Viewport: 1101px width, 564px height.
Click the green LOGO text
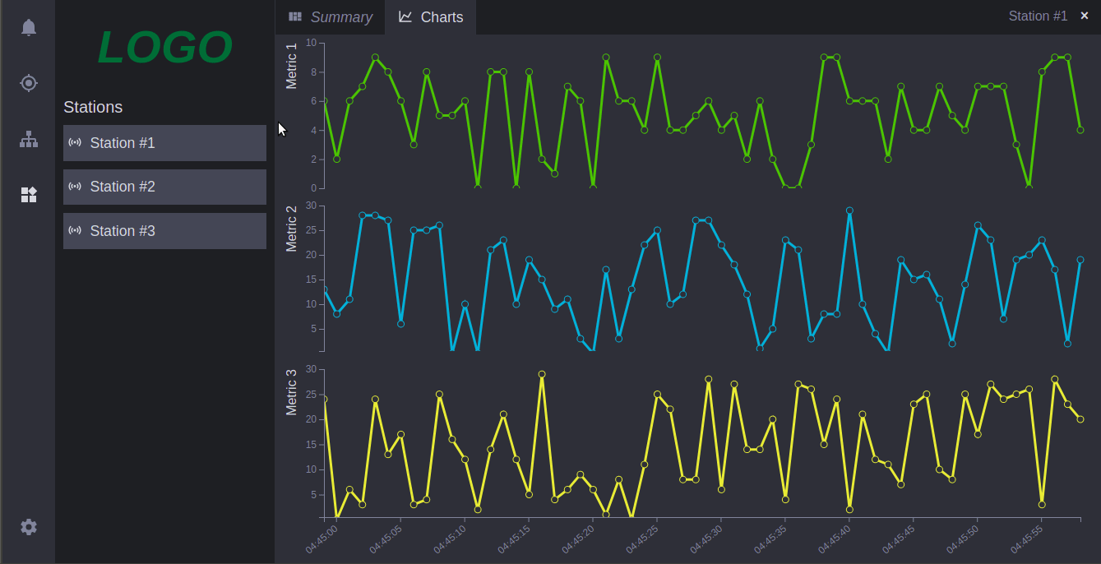pyautogui.click(x=164, y=48)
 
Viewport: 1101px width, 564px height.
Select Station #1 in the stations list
pyautogui.click(x=164, y=143)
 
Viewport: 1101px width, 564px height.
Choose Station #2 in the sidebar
pyautogui.click(x=164, y=187)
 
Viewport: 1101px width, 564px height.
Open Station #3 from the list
pyautogui.click(x=164, y=231)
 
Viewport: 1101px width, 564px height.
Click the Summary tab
pyautogui.click(x=331, y=17)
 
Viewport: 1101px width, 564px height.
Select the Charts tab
pyautogui.click(x=431, y=17)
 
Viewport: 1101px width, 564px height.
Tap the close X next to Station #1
pyautogui.click(x=1085, y=16)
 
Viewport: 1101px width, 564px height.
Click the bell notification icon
pyautogui.click(x=29, y=27)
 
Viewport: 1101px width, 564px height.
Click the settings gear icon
pyautogui.click(x=29, y=527)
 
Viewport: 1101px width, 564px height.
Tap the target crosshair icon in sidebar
pyautogui.click(x=29, y=83)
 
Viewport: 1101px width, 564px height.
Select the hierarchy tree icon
pyautogui.click(x=29, y=140)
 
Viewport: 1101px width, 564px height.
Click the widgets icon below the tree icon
pyautogui.click(x=29, y=195)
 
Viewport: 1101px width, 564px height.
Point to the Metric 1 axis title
pyautogui.click(x=291, y=66)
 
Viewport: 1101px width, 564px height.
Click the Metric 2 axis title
pyautogui.click(x=291, y=228)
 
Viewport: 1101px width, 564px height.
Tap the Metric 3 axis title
pyautogui.click(x=291, y=392)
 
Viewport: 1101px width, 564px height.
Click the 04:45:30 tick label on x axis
pyautogui.click(x=706, y=539)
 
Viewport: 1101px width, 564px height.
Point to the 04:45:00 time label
pyautogui.click(x=322, y=539)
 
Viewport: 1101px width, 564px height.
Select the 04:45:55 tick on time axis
pyautogui.click(x=1027, y=539)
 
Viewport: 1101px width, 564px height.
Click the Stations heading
pyautogui.click(x=93, y=107)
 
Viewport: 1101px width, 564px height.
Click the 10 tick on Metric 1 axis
pyautogui.click(x=311, y=42)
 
